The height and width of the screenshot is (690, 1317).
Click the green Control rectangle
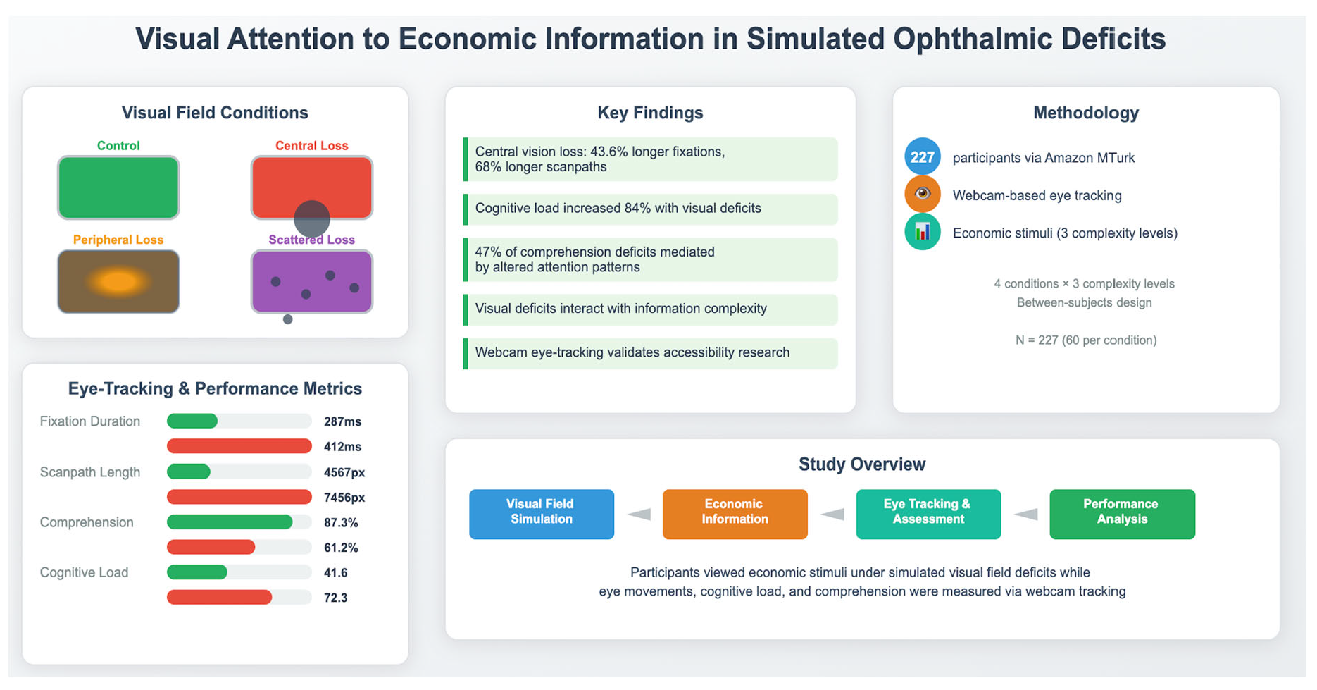[x=118, y=187]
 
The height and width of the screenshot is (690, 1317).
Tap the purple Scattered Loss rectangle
[x=311, y=282]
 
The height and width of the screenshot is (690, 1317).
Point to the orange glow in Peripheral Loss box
[x=118, y=282]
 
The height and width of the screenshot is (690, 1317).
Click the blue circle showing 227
[x=922, y=157]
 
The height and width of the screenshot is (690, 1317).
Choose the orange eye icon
[x=922, y=195]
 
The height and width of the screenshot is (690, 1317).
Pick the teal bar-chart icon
[x=922, y=233]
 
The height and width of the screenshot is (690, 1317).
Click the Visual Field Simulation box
[x=541, y=514]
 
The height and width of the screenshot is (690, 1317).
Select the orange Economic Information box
[x=735, y=514]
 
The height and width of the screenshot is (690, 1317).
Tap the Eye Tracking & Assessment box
[x=928, y=514]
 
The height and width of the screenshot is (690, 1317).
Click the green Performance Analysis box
[x=1122, y=514]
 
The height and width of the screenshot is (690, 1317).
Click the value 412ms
[x=342, y=447]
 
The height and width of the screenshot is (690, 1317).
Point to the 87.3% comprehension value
[x=341, y=523]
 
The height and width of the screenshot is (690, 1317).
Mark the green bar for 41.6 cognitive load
[x=197, y=573]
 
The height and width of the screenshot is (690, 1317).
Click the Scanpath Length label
[x=90, y=472]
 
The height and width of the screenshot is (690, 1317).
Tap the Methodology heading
[x=1085, y=113]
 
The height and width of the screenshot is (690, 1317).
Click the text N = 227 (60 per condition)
[x=1085, y=340]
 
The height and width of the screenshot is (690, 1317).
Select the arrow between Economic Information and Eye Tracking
[x=832, y=515]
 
